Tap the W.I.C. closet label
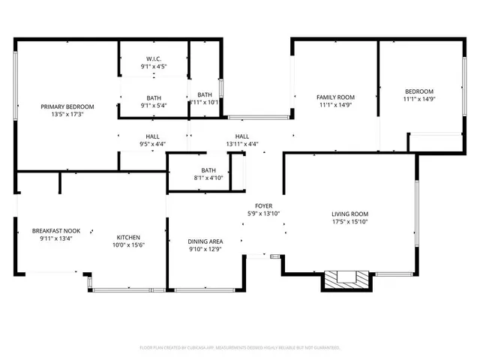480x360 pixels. pos(154,58)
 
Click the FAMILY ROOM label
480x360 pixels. pos(335,97)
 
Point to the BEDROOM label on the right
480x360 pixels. pos(419,91)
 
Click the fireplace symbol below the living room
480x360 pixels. pos(346,279)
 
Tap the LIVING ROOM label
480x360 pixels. pos(350,214)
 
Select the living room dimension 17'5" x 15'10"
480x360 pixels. pos(350,222)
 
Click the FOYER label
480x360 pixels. pos(263,205)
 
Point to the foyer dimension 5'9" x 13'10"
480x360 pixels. pos(263,214)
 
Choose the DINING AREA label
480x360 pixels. pos(204,241)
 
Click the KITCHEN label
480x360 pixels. pos(129,237)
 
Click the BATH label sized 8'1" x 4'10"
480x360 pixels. pos(208,170)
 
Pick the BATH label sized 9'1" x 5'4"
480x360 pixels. pos(154,97)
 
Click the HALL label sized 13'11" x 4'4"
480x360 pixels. pos(242,136)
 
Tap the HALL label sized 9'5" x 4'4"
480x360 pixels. pos(152,136)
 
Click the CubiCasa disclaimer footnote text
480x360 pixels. pos(240,348)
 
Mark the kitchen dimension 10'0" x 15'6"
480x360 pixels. pos(129,245)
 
